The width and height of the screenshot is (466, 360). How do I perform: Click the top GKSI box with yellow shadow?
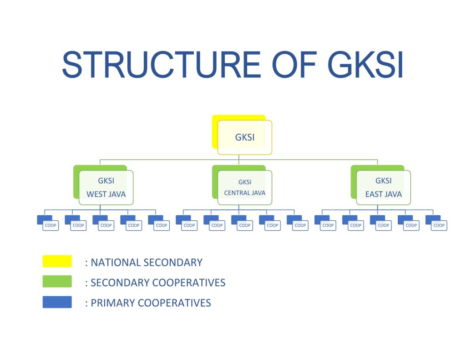(x=244, y=137)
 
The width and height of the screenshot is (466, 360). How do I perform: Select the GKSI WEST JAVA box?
(x=106, y=187)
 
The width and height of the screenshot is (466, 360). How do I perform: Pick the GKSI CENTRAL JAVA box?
(x=244, y=187)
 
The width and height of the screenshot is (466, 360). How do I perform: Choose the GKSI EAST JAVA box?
(x=383, y=187)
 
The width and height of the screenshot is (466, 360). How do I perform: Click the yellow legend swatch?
(x=57, y=261)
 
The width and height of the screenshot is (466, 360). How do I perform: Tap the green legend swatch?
(x=57, y=281)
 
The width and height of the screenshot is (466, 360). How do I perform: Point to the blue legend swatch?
(x=57, y=302)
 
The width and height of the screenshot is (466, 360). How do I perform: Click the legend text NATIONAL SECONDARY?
(x=146, y=263)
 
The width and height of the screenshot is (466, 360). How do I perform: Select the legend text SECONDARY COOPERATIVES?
(x=157, y=283)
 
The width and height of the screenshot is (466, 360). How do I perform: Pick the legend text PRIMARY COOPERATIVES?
(x=150, y=303)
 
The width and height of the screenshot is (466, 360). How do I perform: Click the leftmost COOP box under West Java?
(x=51, y=225)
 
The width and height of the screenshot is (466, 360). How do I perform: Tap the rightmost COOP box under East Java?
(x=439, y=225)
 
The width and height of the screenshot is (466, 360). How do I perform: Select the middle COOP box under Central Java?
(x=244, y=225)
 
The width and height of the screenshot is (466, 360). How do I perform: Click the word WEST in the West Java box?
(x=96, y=194)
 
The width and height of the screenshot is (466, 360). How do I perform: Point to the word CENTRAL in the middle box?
(x=236, y=193)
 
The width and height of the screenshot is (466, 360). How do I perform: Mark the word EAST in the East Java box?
(x=374, y=194)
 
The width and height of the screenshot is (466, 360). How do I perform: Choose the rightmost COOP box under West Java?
(x=161, y=225)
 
